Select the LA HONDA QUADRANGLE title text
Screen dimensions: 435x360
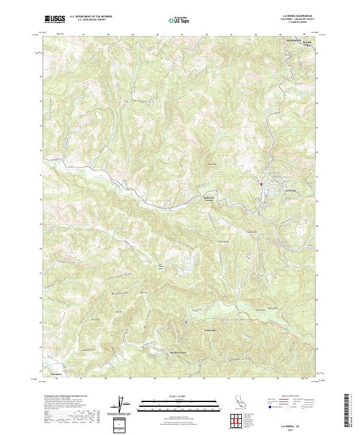point(296,16)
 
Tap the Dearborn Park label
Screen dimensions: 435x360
point(179,352)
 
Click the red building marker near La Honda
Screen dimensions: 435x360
point(262,184)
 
